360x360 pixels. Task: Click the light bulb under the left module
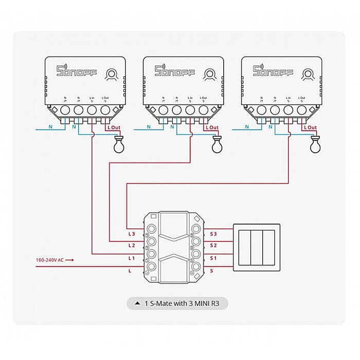(x=119, y=146)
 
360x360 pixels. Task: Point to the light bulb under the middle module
(x=218, y=146)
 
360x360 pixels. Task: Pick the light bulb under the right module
(x=315, y=146)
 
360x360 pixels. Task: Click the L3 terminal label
(x=132, y=233)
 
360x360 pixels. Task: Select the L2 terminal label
(x=132, y=245)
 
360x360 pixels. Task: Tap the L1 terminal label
(x=132, y=258)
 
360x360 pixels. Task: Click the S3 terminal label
(x=213, y=233)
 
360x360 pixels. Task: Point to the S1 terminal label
(x=213, y=258)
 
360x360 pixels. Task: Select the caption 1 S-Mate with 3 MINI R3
(x=177, y=304)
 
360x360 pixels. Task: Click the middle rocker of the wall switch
(x=257, y=246)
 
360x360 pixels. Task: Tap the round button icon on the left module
(x=111, y=74)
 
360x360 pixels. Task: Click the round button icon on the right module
(x=307, y=74)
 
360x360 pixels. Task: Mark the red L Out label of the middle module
(x=212, y=127)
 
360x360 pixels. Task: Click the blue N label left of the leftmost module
(x=50, y=126)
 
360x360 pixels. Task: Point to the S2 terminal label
(x=213, y=245)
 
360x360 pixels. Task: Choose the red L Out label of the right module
(x=310, y=127)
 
